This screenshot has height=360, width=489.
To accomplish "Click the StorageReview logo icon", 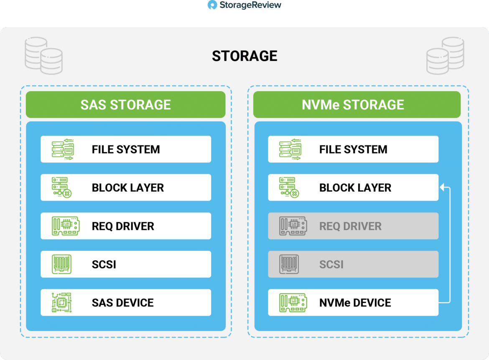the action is [x=212, y=5].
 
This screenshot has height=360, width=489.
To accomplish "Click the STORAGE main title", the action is [x=244, y=56].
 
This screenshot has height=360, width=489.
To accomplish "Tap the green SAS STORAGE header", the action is [x=126, y=105].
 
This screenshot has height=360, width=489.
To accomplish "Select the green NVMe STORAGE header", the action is [x=357, y=105].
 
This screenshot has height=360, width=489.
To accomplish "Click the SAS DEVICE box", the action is [x=126, y=303].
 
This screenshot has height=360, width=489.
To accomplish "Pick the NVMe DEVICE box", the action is [x=353, y=303].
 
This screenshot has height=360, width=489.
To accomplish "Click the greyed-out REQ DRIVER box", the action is [x=353, y=226].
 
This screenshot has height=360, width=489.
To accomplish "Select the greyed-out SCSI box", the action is [x=353, y=264].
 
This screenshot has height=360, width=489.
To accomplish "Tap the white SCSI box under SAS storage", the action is [x=126, y=264].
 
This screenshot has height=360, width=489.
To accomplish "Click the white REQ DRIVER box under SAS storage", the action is [x=126, y=226].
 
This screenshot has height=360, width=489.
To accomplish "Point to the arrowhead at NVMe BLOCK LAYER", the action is [x=442, y=187].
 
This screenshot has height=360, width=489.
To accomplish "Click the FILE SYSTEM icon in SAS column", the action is [x=63, y=149].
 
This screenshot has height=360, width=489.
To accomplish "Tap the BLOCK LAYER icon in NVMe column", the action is [x=289, y=187].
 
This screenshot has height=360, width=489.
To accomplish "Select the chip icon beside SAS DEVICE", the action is [x=62, y=303].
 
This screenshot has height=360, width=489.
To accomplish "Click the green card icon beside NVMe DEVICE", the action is [x=293, y=303].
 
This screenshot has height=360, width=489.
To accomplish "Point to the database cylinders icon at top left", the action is [x=43, y=56].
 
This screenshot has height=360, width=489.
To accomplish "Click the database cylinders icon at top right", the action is [x=445, y=56].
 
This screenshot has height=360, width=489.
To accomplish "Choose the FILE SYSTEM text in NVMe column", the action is [x=353, y=149].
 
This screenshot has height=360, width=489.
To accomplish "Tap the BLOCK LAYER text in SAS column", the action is [x=128, y=188].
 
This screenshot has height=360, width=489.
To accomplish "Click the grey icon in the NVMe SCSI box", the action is [x=289, y=264].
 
